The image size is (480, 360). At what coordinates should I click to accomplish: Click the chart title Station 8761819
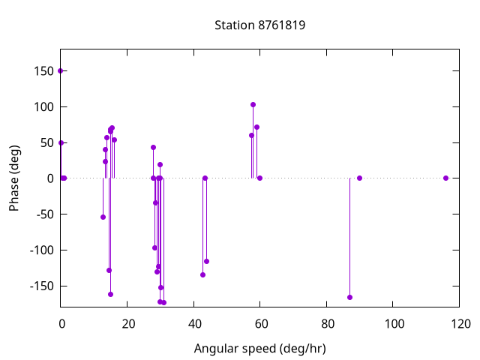tap(259, 25)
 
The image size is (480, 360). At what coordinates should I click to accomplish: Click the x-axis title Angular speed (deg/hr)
tap(259, 348)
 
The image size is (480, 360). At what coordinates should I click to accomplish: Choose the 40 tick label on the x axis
tap(193, 324)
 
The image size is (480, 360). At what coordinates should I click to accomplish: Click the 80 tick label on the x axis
tap(326, 324)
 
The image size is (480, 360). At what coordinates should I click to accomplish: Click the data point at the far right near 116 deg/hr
tap(445, 178)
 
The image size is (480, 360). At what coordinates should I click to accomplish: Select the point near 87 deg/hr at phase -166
tap(349, 297)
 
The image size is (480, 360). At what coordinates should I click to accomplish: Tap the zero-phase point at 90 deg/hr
tap(359, 178)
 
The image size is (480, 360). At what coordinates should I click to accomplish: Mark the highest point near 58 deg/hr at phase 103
tap(253, 104)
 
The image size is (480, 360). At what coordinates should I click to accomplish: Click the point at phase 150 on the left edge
tap(61, 70)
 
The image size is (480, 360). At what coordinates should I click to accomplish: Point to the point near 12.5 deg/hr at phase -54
tap(103, 217)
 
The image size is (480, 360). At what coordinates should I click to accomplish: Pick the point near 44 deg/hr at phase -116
tap(206, 261)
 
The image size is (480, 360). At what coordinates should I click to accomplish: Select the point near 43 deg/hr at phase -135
tap(202, 274)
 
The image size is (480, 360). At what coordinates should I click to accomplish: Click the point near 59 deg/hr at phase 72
tap(256, 127)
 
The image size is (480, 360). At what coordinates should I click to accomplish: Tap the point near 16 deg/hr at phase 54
tap(114, 139)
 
